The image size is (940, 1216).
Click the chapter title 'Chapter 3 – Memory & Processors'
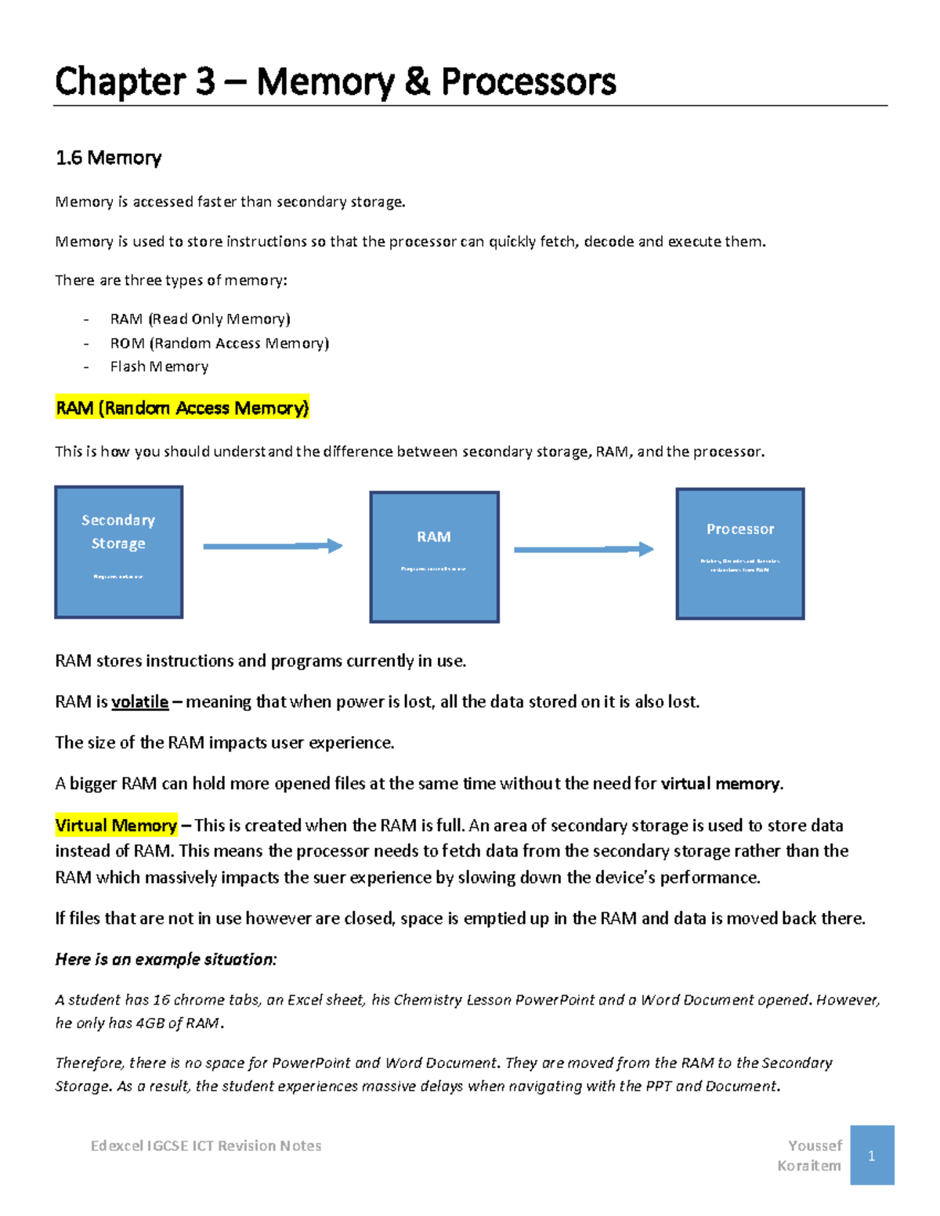(335, 81)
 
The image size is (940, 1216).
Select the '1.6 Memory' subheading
(108, 157)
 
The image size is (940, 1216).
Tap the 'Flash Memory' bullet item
(159, 366)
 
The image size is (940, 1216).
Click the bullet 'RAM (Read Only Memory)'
(200, 319)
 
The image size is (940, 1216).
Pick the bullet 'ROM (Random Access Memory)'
(219, 343)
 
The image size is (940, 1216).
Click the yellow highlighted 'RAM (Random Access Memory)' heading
(182, 408)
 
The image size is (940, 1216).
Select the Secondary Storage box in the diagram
(118, 552)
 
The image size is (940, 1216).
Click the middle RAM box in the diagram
(434, 557)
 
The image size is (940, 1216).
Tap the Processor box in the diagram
(739, 554)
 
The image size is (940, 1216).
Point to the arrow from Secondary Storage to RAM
(273, 546)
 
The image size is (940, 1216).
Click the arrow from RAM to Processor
(583, 550)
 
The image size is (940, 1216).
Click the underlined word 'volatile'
(139, 702)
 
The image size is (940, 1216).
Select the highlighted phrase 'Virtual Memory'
(116, 825)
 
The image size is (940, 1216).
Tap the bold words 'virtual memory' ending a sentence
(720, 784)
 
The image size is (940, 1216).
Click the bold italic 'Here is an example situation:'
(166, 959)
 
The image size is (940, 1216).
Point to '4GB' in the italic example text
(150, 1023)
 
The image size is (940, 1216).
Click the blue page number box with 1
(871, 1156)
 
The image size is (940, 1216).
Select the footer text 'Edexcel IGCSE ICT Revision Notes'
(206, 1146)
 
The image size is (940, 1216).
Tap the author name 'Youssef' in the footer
(815, 1146)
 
